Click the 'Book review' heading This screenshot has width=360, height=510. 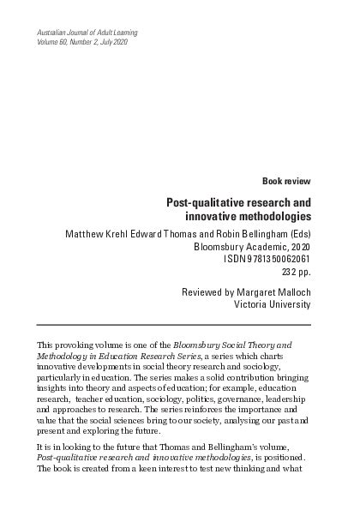click(287, 181)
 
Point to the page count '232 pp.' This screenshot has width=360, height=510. click(296, 273)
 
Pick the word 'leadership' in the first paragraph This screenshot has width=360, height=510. click(288, 399)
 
